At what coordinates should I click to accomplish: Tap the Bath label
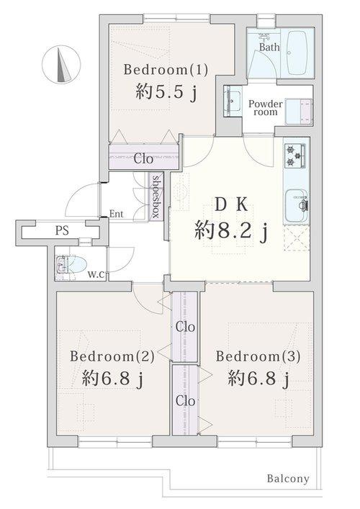(269, 48)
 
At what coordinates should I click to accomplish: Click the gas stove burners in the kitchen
(296, 153)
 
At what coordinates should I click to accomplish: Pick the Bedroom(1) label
(166, 70)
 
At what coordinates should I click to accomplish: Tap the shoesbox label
(155, 197)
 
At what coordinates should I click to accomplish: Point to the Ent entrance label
(117, 214)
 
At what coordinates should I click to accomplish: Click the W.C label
(96, 274)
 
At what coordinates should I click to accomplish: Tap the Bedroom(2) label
(112, 356)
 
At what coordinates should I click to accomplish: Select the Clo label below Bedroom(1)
(143, 158)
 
